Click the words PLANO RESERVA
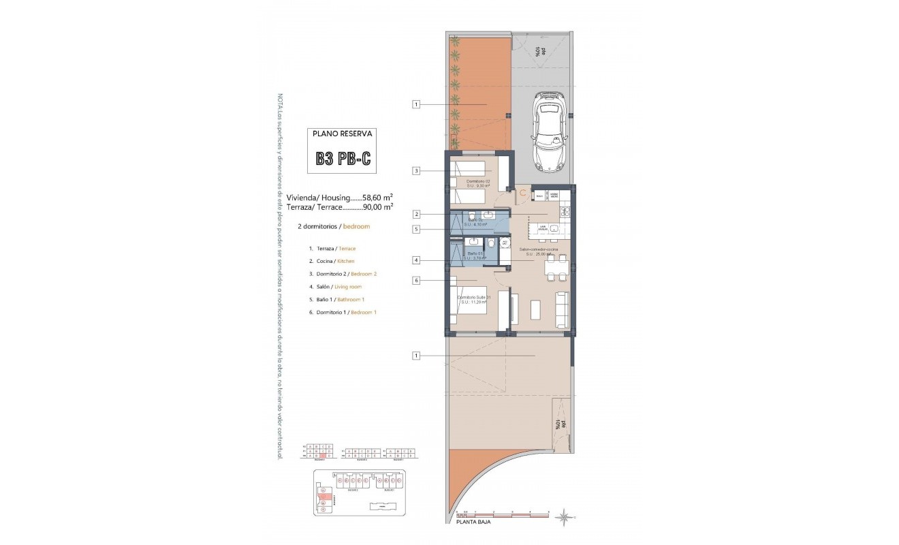tap(343, 134)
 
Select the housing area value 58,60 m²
tap(379, 196)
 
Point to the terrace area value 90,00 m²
tap(379, 205)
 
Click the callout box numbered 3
tap(416, 170)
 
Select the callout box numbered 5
tap(416, 230)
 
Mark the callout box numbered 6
tap(416, 280)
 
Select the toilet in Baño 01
tap(492, 244)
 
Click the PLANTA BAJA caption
tap(473, 523)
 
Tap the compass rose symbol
tap(564, 518)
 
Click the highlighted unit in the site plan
tap(326, 498)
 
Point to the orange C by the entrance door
tap(522, 193)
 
